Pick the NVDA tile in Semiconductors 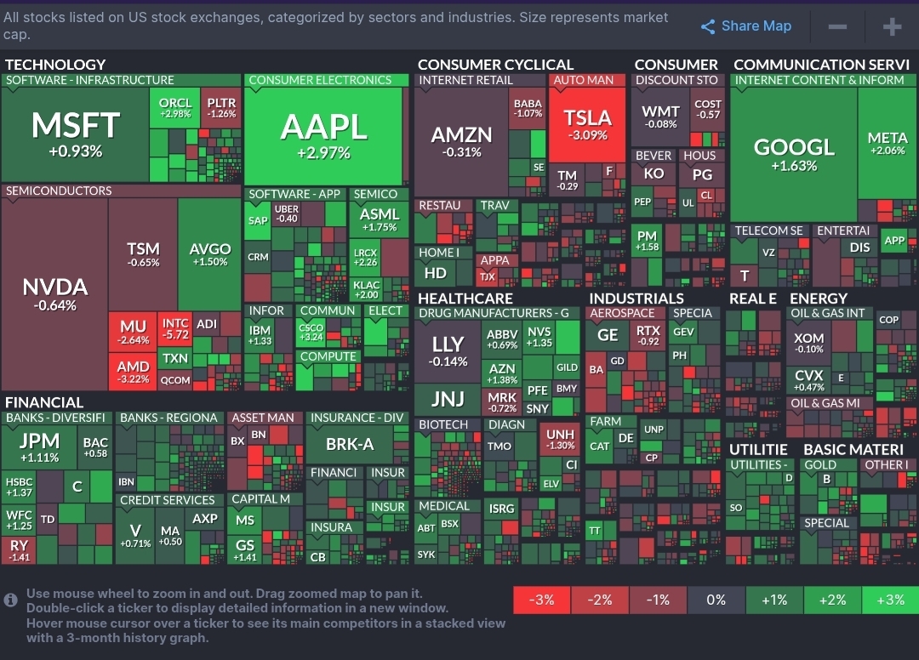(54, 293)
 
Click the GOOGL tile (793, 154)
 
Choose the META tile (887, 143)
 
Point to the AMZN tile (461, 141)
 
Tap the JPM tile (39, 447)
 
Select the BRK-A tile (350, 444)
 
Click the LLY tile (448, 350)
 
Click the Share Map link (746, 26)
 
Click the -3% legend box (542, 600)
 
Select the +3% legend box (890, 600)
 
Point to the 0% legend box (716, 600)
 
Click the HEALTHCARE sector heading (465, 299)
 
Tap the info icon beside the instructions (11, 600)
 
